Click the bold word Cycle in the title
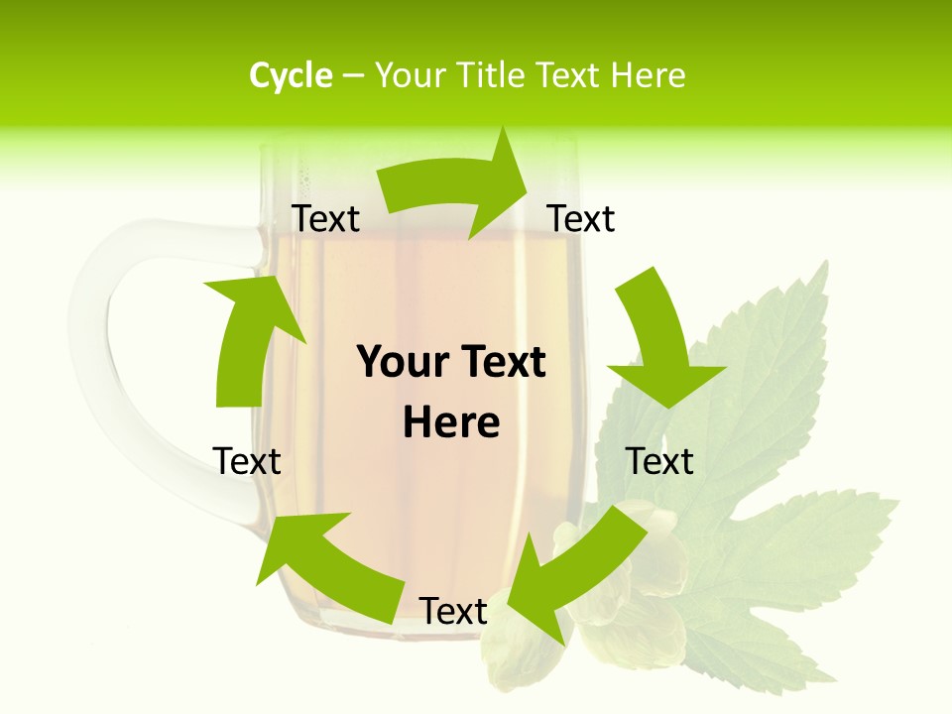click(291, 75)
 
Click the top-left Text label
click(325, 219)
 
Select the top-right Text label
click(581, 219)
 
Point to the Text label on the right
click(659, 461)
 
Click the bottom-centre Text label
click(453, 612)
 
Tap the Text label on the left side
click(247, 461)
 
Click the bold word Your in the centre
click(403, 362)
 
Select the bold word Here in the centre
click(451, 423)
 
